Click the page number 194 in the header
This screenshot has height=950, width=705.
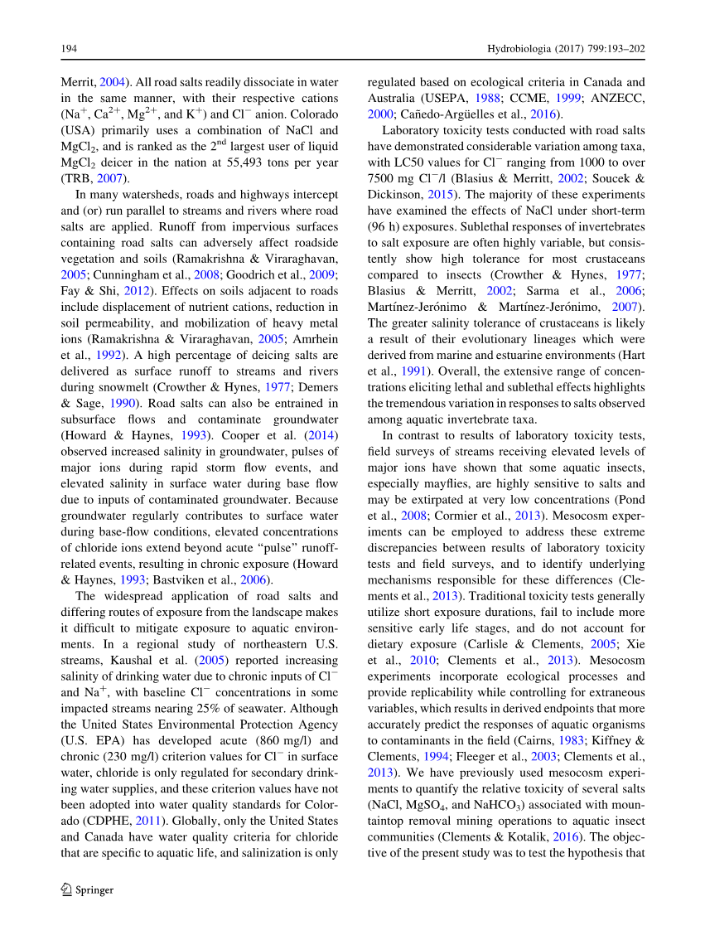pyautogui.click(x=69, y=49)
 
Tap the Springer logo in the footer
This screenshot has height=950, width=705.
pyautogui.click(x=88, y=889)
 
